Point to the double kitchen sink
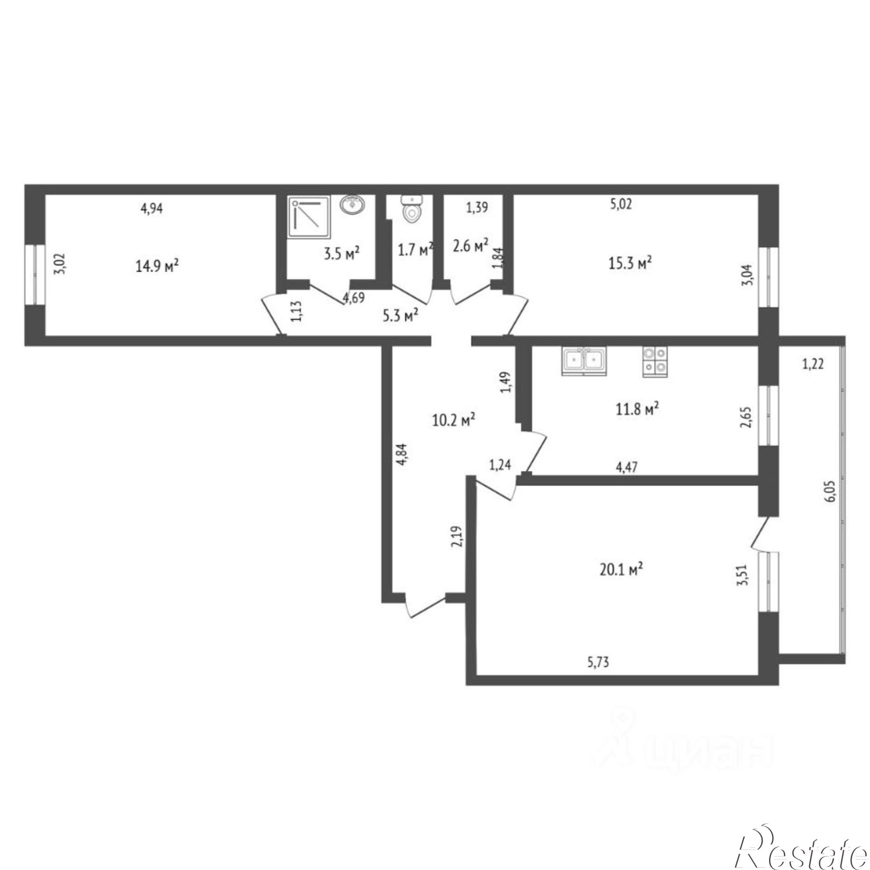point(584,361)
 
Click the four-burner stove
point(655,361)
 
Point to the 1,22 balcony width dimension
point(813,363)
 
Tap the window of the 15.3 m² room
point(769,277)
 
